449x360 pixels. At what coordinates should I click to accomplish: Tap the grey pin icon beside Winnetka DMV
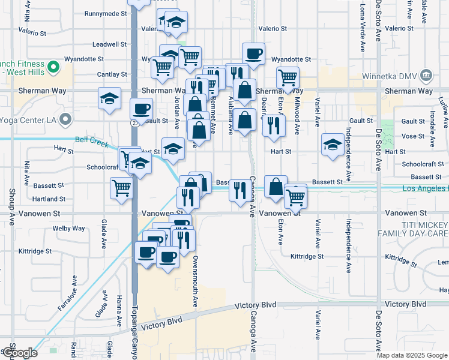click(x=427, y=76)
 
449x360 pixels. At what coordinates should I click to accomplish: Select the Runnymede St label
click(x=106, y=13)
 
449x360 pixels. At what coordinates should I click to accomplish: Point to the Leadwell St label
click(x=110, y=44)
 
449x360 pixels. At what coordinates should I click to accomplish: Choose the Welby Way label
click(x=68, y=229)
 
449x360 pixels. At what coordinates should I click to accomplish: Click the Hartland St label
click(x=49, y=199)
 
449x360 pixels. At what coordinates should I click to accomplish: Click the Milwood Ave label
click(x=297, y=111)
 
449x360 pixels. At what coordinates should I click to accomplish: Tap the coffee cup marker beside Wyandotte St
click(x=253, y=53)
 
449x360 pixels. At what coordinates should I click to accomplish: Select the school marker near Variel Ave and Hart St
click(x=333, y=145)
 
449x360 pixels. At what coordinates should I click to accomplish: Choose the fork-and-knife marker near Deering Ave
click(x=274, y=125)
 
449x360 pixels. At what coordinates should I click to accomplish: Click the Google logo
click(x=19, y=353)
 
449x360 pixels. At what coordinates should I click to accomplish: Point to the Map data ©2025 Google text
click(x=411, y=355)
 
